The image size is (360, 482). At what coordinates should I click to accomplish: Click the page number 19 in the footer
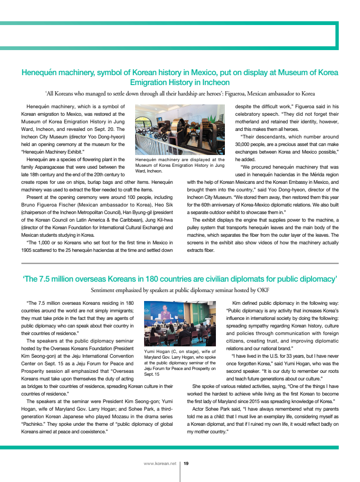pyautogui.click(x=186, y=464)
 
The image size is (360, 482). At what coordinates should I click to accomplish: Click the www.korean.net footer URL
pyautogui.click(x=160, y=464)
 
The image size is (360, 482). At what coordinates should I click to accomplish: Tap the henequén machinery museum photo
pyautogui.click(x=180, y=130)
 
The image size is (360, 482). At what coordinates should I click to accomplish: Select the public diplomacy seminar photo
pyautogui.click(x=180, y=324)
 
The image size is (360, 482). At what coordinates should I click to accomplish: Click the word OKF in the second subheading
pyautogui.click(x=263, y=290)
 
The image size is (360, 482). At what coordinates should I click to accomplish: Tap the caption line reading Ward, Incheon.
pyautogui.click(x=149, y=171)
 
